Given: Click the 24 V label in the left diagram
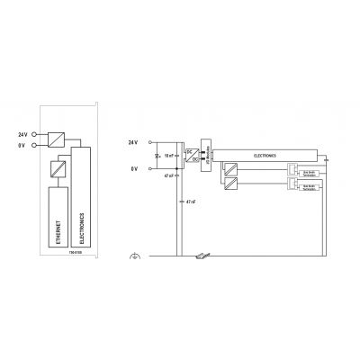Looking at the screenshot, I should (22, 135).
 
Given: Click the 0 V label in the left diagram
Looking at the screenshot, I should (23, 144).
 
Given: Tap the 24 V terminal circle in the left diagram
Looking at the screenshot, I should (34, 135).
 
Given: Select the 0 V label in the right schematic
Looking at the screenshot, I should (135, 168).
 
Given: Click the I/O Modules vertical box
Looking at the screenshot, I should (205, 154).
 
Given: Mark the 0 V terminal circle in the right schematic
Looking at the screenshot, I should (148, 168).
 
